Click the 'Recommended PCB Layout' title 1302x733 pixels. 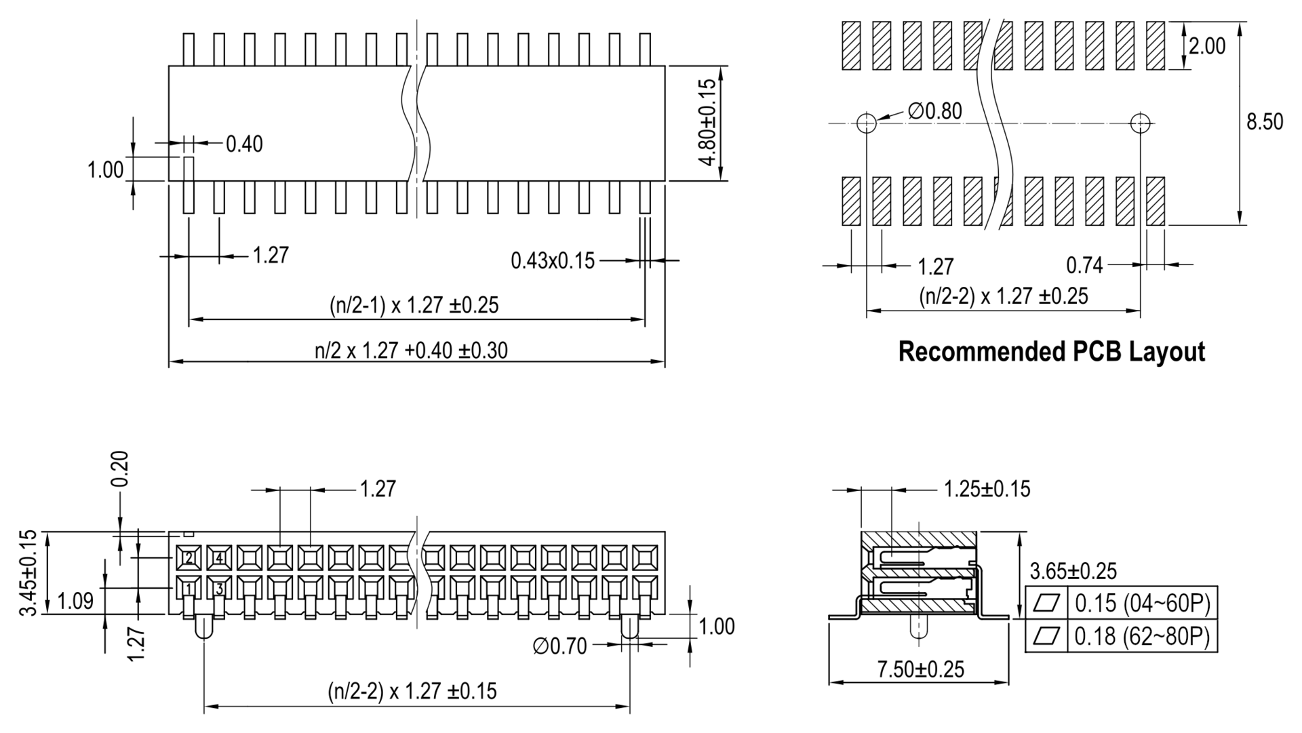(x=1051, y=352)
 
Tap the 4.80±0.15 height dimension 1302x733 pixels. (x=707, y=123)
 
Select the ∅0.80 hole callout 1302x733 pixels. (x=935, y=111)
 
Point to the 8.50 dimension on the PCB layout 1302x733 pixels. (x=1265, y=121)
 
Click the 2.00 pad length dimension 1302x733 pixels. (x=1207, y=46)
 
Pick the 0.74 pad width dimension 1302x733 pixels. (x=1084, y=266)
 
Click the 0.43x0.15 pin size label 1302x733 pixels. (x=552, y=260)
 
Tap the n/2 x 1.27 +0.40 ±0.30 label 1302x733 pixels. (x=411, y=351)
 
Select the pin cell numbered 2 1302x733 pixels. (x=189, y=558)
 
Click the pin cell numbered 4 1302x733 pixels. (x=219, y=558)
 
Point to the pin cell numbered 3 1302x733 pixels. (x=219, y=589)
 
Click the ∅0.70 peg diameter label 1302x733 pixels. (x=559, y=646)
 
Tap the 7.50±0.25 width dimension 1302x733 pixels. (x=920, y=670)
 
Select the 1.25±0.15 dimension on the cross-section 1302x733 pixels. (x=987, y=489)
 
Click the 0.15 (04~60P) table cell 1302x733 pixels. (x=1142, y=602)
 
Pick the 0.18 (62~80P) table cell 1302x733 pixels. (x=1142, y=636)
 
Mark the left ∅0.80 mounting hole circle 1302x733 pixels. (x=867, y=123)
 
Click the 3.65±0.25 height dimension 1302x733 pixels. (x=1073, y=571)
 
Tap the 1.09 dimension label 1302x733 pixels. (x=76, y=601)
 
